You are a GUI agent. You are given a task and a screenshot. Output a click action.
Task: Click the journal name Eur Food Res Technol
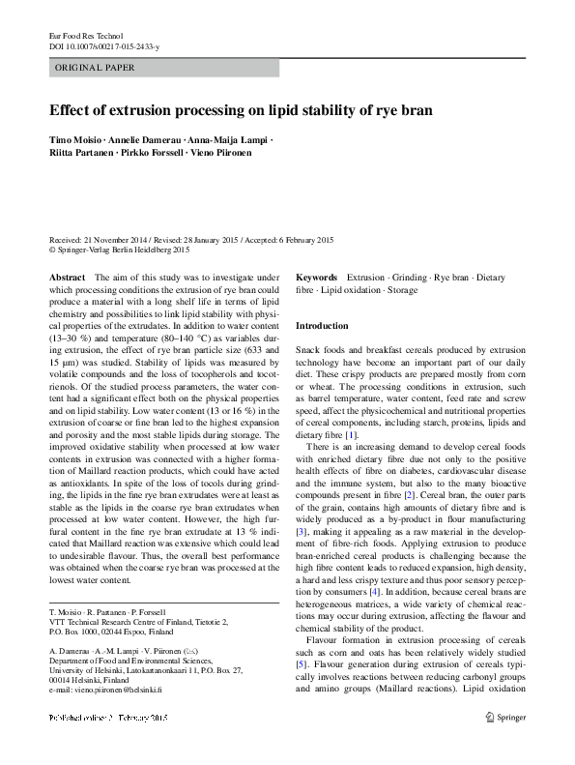pyautogui.click(x=86, y=36)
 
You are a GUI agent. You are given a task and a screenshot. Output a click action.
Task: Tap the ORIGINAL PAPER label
pyautogui.click(x=95, y=68)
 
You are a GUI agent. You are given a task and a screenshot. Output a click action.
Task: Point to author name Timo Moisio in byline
pyautogui.click(x=78, y=141)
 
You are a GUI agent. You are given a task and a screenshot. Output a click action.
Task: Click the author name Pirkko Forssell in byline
pyautogui.click(x=154, y=153)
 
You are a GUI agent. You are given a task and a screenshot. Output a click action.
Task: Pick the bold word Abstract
pyautogui.click(x=67, y=277)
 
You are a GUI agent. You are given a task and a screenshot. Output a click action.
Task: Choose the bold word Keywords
pyautogui.click(x=316, y=277)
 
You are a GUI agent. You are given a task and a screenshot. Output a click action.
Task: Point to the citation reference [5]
pyautogui.click(x=302, y=664)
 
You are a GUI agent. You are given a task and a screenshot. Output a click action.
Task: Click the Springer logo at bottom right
pyautogui.click(x=506, y=744)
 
